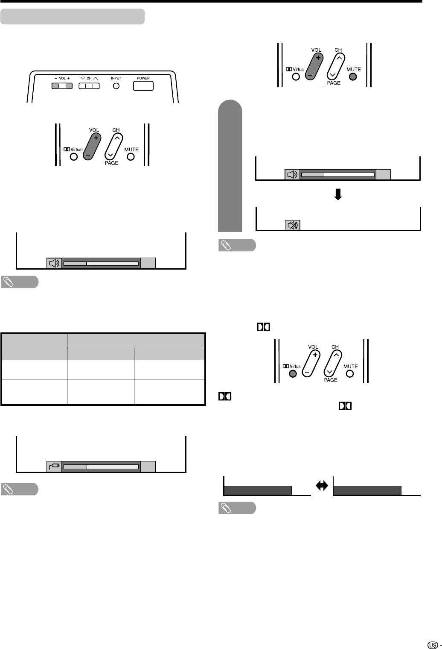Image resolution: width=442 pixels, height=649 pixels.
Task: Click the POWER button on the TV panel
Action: tap(143, 86)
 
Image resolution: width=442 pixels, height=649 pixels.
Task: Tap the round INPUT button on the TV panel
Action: tap(116, 86)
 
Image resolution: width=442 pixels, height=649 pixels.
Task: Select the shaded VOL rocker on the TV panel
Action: tap(62, 86)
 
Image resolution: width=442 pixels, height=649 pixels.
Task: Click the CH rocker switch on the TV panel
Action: tap(89, 86)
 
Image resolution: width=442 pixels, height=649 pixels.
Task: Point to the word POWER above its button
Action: tap(143, 79)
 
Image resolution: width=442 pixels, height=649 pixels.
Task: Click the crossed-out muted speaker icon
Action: tap(292, 225)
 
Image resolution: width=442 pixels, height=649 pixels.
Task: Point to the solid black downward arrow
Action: tap(338, 195)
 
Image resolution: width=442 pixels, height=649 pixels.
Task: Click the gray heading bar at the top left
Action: tap(73, 17)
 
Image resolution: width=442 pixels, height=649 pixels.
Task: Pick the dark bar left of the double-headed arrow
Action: tap(258, 490)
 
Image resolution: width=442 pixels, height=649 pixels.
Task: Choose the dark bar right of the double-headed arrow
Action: tap(367, 490)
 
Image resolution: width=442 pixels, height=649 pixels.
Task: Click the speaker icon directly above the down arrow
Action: tap(292, 174)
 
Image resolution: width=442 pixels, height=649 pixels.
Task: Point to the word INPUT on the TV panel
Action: tap(116, 79)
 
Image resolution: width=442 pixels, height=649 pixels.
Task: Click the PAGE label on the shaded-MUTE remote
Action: tap(334, 83)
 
